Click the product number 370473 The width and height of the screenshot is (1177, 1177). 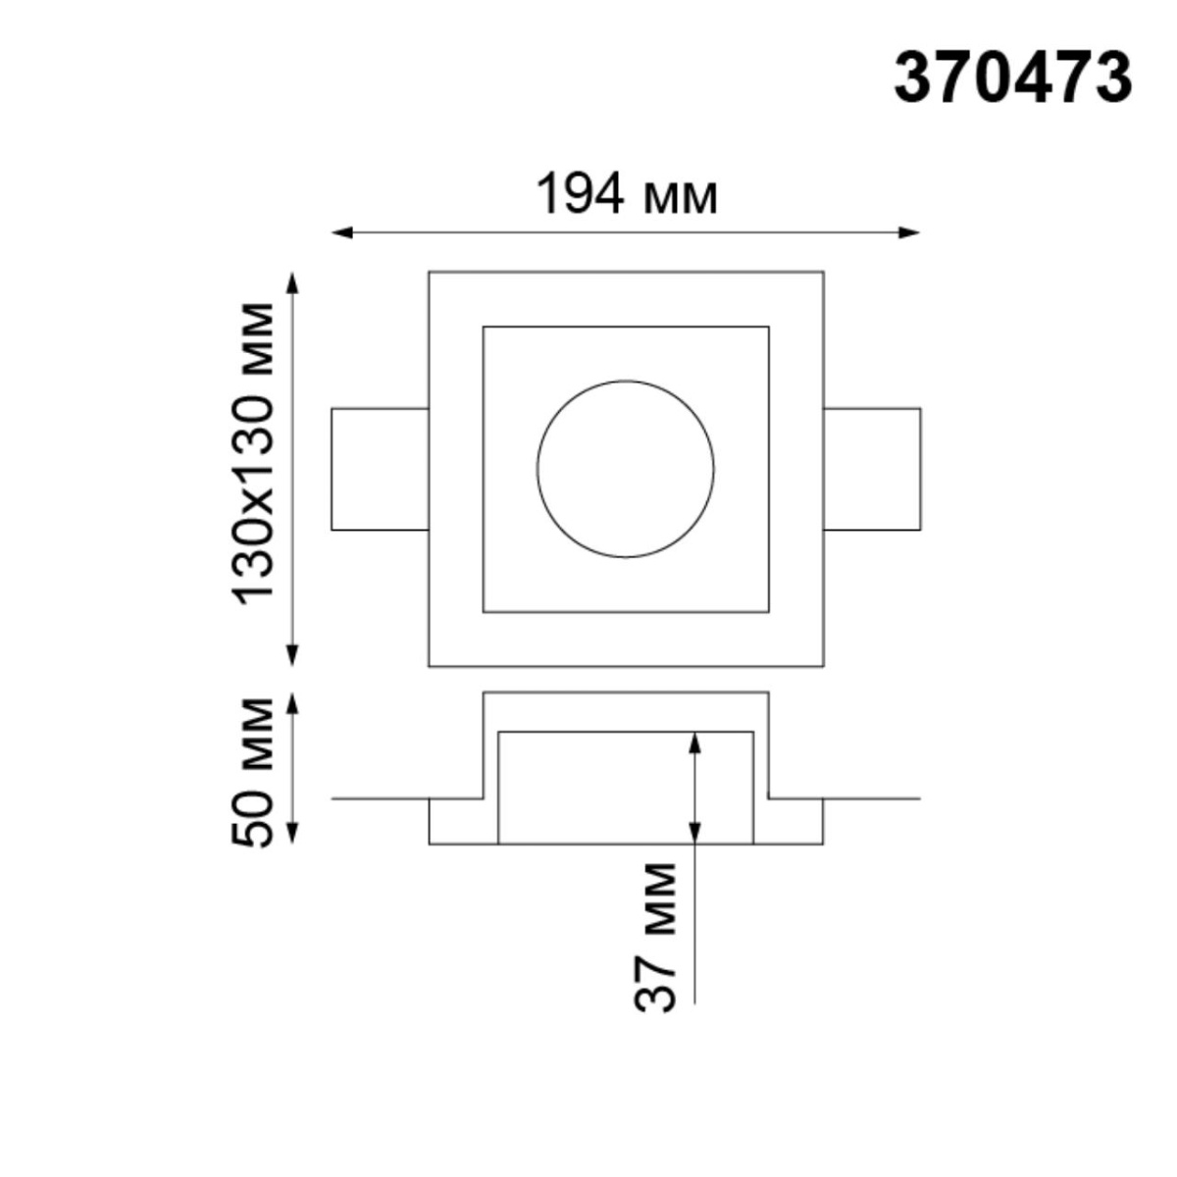point(1012,78)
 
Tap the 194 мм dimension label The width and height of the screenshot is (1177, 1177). point(626,194)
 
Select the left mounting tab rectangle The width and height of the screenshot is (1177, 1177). point(381,469)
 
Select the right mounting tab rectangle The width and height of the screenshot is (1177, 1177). point(871,469)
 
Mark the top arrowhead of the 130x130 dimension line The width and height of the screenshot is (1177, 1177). point(292,281)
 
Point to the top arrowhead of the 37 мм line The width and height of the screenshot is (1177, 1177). point(694,742)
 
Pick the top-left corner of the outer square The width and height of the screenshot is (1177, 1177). point(430,272)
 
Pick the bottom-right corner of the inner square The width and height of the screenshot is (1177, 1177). point(768,613)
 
